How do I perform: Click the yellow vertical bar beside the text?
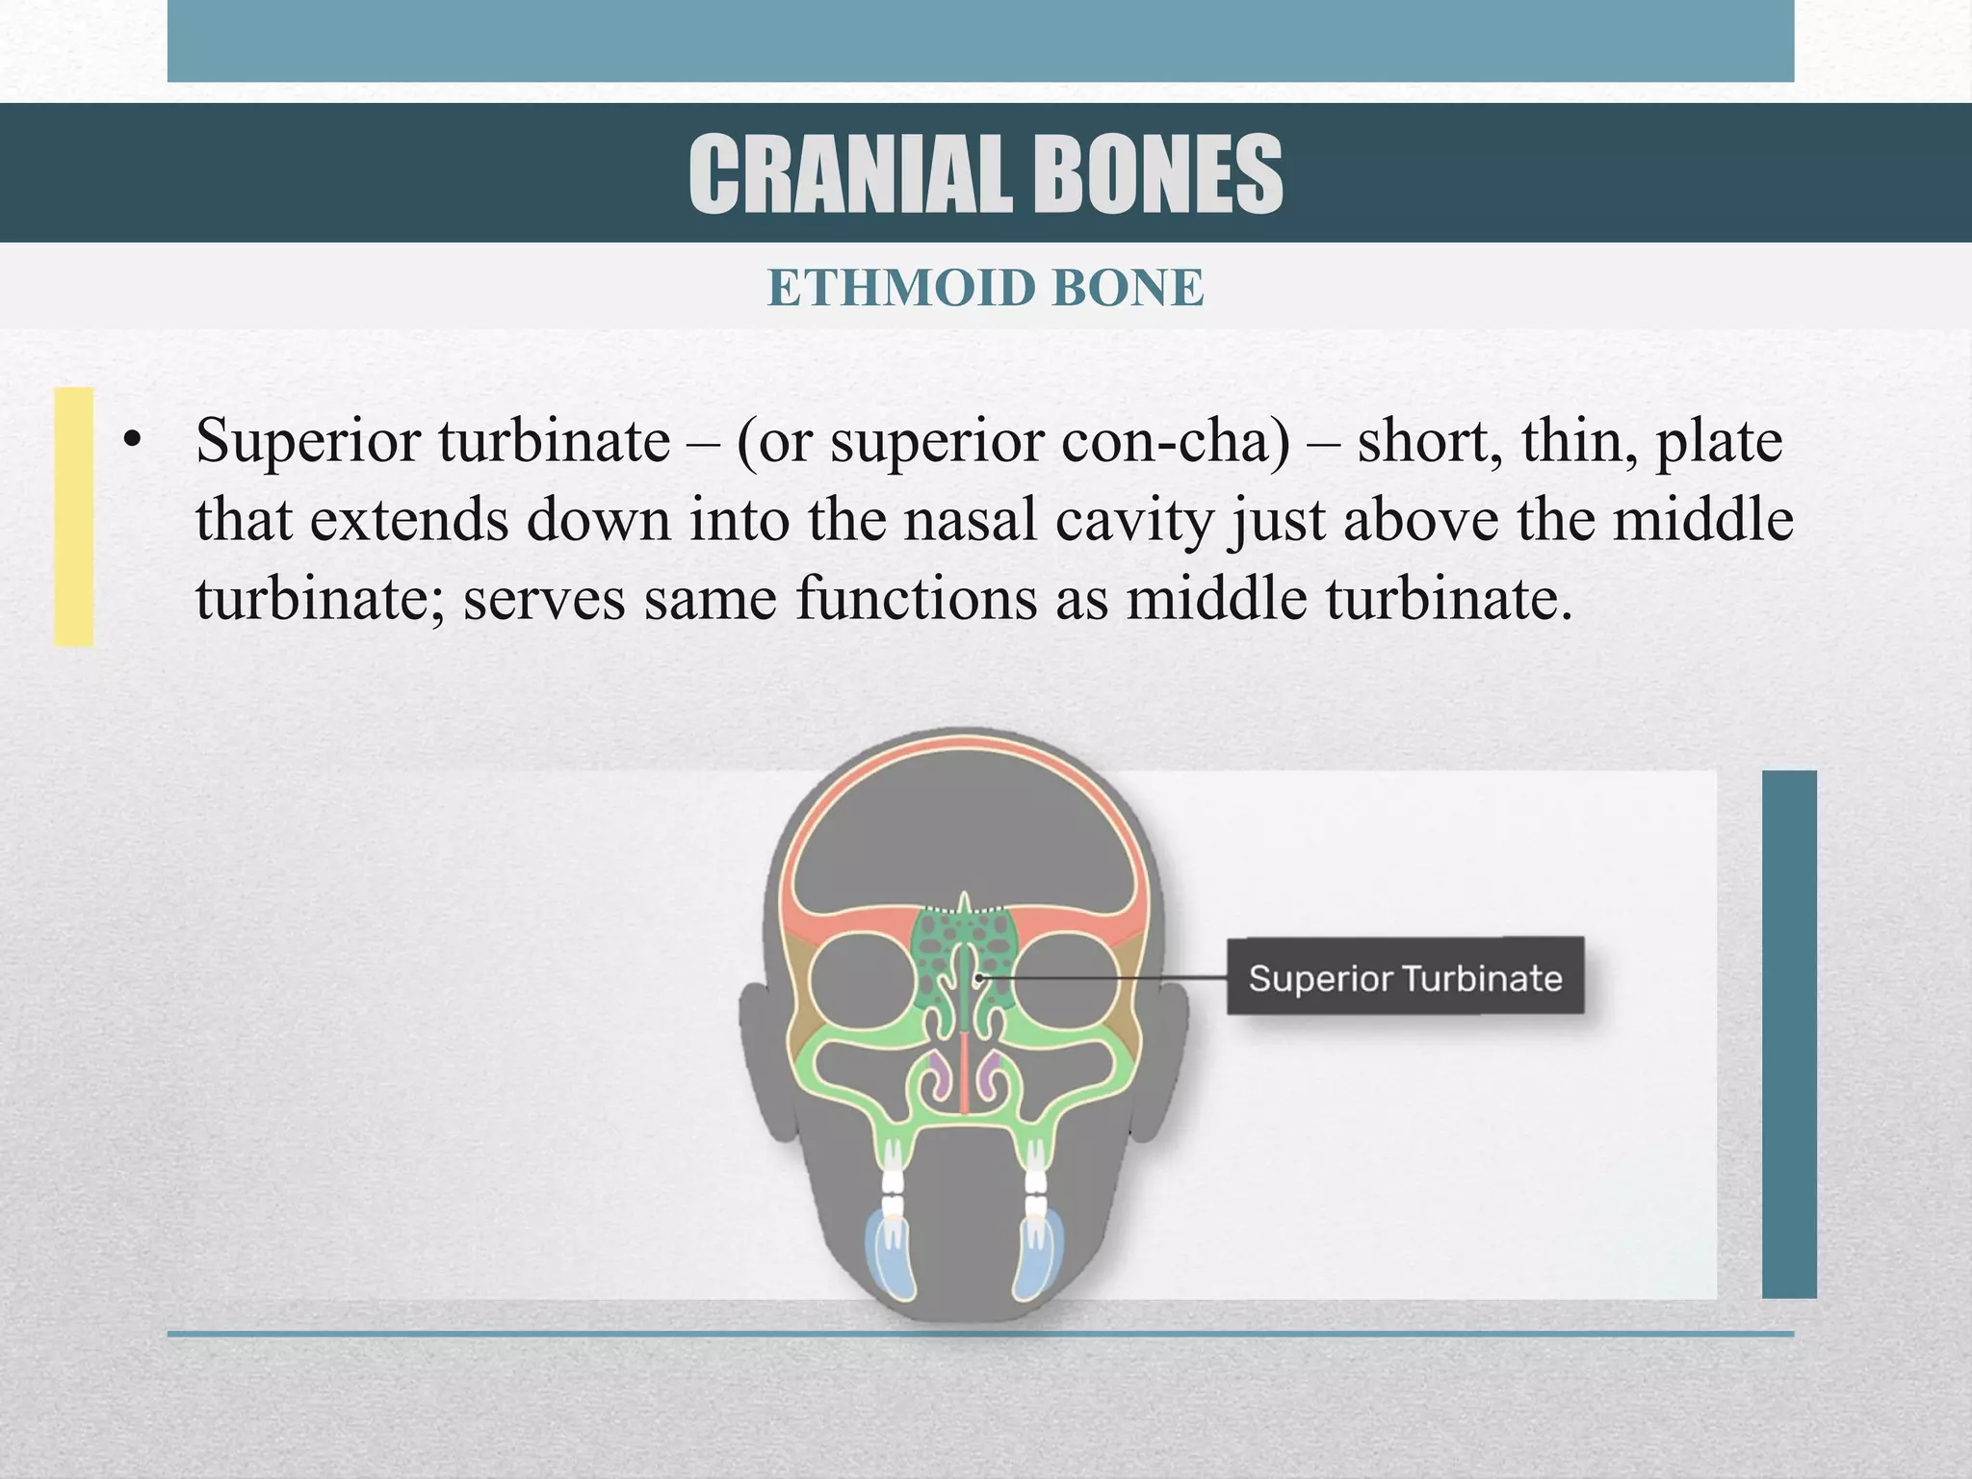73,516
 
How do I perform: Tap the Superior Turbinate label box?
1404,975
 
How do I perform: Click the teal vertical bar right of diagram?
1788,1033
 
